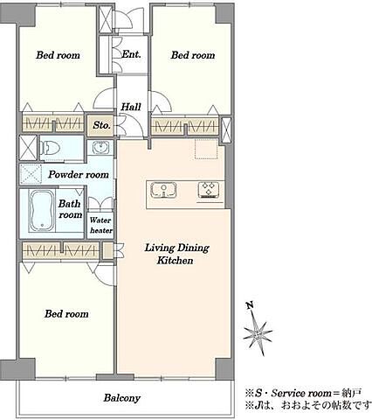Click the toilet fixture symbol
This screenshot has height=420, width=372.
pyautogui.click(x=50, y=148)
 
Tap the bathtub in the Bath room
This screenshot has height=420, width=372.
pyautogui.click(x=42, y=210)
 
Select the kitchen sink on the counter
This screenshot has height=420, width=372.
pyautogui.click(x=164, y=190)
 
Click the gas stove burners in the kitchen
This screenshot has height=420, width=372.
pyautogui.click(x=208, y=190)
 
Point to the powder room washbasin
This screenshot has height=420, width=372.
pyautogui.click(x=100, y=147)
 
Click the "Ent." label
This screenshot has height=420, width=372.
pyautogui.click(x=131, y=54)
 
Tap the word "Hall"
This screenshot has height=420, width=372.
pyautogui.click(x=131, y=107)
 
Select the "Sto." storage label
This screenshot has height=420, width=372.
pyautogui.click(x=101, y=125)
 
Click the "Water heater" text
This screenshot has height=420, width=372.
pyautogui.click(x=100, y=225)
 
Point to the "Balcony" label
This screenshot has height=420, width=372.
pyautogui.click(x=122, y=398)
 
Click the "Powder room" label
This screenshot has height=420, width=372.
pyautogui.click(x=79, y=174)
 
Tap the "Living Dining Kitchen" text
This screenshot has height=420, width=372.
pyautogui.click(x=176, y=254)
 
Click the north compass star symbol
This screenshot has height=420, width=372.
pyautogui.click(x=258, y=333)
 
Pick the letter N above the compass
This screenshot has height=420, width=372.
pyautogui.click(x=250, y=305)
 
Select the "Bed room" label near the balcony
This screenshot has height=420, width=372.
pyautogui.click(x=66, y=314)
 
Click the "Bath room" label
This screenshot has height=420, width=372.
pyautogui.click(x=70, y=209)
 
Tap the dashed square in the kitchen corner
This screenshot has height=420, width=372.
pyautogui.click(x=206, y=149)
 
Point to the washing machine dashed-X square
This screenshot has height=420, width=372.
pyautogui.click(x=31, y=174)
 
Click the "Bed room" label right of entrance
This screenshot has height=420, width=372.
pyautogui.click(x=193, y=55)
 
